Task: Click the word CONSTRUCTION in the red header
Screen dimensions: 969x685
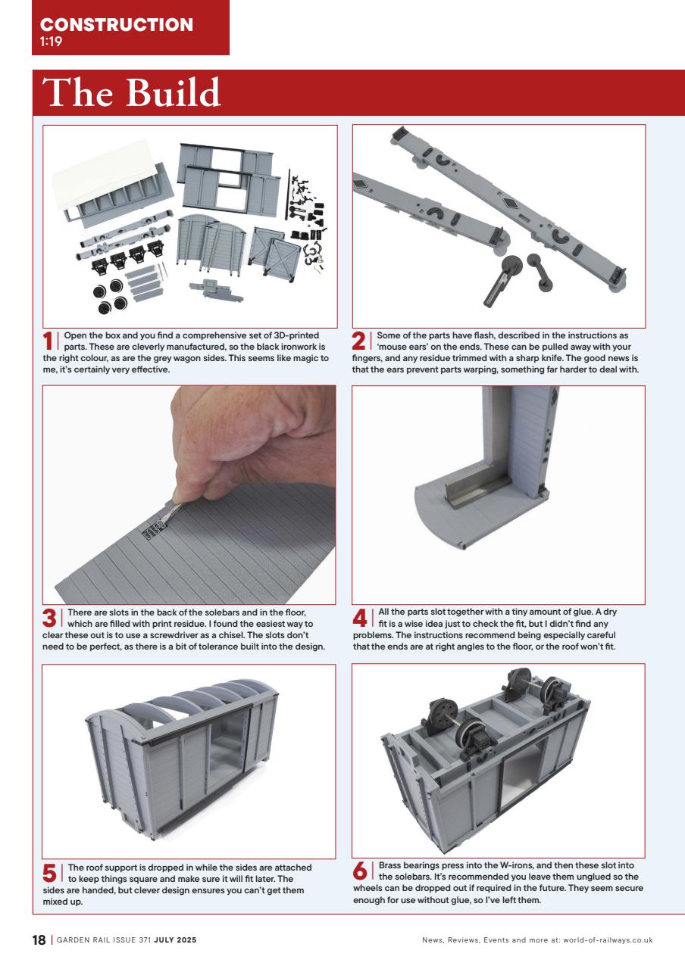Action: tap(117, 24)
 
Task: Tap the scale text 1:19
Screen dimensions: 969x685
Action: tap(51, 42)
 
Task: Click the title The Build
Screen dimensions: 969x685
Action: tap(133, 93)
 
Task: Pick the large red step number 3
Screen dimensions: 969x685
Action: tap(50, 619)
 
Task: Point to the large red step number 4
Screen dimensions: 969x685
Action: tap(361, 619)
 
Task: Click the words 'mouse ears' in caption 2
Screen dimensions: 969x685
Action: tap(406, 347)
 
